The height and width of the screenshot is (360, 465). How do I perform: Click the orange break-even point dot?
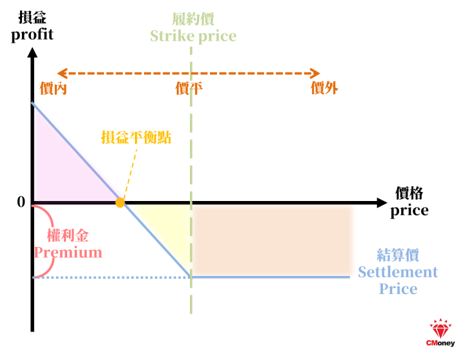click(120, 203)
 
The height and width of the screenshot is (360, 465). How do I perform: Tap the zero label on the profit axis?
click(21, 202)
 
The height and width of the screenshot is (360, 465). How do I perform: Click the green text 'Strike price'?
click(193, 36)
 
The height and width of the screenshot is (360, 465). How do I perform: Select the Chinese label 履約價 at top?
click(193, 19)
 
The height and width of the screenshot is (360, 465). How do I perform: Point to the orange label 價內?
click(54, 88)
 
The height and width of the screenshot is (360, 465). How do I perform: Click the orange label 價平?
click(189, 88)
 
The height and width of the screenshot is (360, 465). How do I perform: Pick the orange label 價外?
click(324, 88)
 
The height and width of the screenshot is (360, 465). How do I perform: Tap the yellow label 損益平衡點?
click(136, 138)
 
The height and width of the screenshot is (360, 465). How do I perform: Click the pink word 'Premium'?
click(68, 253)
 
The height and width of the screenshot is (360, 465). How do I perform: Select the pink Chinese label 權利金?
click(68, 236)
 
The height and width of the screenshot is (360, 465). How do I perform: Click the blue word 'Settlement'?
click(398, 272)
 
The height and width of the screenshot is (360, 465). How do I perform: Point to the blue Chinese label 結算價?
click(398, 255)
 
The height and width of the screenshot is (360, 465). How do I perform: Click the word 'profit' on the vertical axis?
click(32, 35)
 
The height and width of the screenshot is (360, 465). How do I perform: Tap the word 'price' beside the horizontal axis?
click(409, 211)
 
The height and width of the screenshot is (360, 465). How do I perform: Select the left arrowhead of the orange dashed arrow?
click(62, 73)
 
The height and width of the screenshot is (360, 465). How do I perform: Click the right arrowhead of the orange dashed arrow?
click(315, 73)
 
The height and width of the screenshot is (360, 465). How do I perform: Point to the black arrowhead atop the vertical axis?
click(32, 52)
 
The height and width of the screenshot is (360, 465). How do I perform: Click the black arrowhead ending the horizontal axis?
click(382, 203)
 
